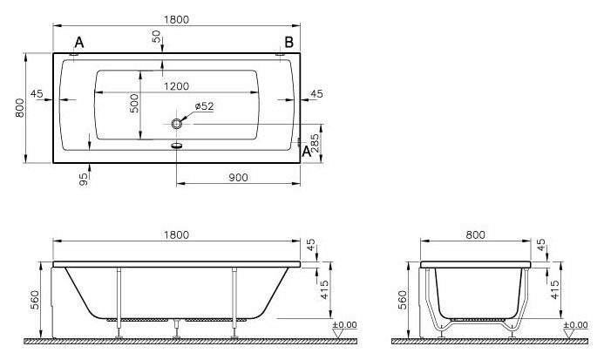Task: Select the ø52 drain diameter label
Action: point(206,105)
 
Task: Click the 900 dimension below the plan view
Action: point(240,177)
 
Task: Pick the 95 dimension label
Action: point(84,178)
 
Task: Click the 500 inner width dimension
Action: point(135,102)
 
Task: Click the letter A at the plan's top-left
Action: point(79,42)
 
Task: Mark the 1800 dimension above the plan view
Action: point(176,19)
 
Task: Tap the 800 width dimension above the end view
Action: point(476,235)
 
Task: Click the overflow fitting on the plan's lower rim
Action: point(177,146)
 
